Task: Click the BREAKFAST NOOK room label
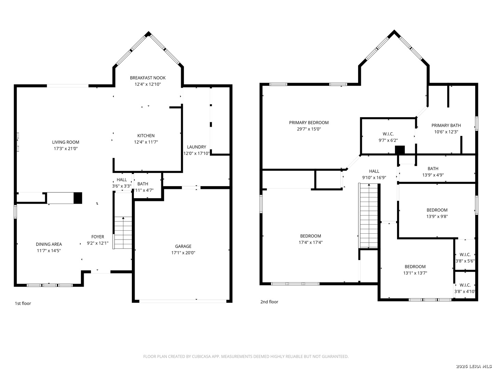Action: tap(148, 78)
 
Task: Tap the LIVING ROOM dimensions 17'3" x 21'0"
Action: tap(66, 148)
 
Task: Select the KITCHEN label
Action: tap(146, 136)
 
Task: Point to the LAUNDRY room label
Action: tap(196, 147)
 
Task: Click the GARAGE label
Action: tap(183, 246)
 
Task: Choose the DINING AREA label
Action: tap(49, 244)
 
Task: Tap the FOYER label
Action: tap(97, 237)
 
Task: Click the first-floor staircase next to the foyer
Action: tap(123, 232)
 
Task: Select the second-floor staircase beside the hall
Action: tap(368, 216)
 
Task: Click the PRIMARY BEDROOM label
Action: tap(309, 123)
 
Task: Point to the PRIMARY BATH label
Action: tap(446, 125)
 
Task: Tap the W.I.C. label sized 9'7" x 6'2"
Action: tap(388, 134)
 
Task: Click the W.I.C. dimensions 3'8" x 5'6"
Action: tap(465, 261)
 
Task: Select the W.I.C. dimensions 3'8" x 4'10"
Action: tap(465, 291)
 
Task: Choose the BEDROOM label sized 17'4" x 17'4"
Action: tap(311, 236)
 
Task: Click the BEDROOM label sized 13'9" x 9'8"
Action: tap(437, 210)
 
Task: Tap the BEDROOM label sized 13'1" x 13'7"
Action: tap(415, 266)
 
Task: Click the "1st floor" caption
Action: tap(23, 303)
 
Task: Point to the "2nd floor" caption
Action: tap(269, 302)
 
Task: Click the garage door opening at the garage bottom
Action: tap(183, 301)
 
